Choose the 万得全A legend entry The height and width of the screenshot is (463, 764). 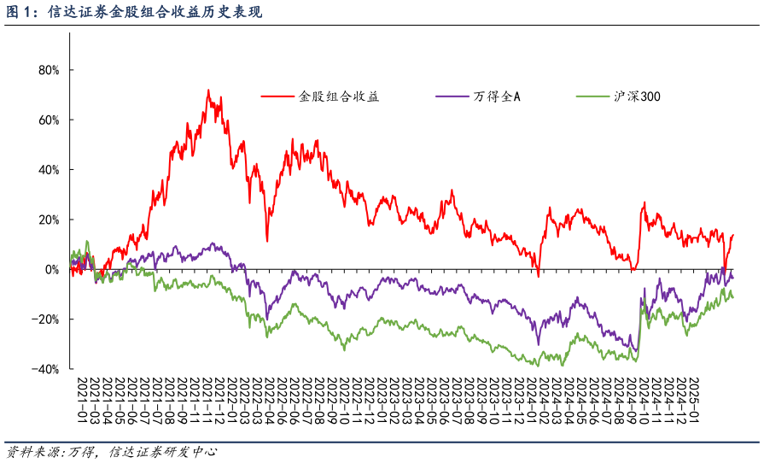[x=497, y=97]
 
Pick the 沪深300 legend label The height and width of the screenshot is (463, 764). [x=637, y=97]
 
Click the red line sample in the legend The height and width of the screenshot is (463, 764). [x=277, y=97]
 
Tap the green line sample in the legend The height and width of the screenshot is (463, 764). [x=592, y=97]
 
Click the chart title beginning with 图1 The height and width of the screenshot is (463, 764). [x=132, y=12]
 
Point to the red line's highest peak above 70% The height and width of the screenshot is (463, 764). [x=207, y=90]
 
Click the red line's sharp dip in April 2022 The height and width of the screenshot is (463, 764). [x=267, y=241]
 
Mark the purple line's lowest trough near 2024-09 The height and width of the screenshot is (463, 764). [x=636, y=350]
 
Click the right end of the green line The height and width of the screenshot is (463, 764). [x=732, y=297]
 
